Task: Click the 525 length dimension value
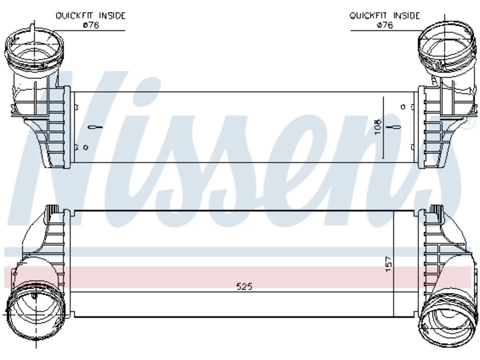[x=244, y=286]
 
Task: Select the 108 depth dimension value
[x=378, y=127]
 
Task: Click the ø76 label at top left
[x=91, y=25]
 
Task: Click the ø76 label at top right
[x=385, y=25]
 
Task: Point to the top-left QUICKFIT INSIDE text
[x=90, y=16]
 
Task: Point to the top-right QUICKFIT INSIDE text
[x=384, y=16]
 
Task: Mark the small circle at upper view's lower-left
[x=86, y=147]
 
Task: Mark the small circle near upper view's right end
[x=403, y=106]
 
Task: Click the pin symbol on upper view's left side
[x=95, y=127]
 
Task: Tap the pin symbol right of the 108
[x=393, y=127]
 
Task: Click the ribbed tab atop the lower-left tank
[x=52, y=209]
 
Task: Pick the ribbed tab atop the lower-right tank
[x=436, y=209]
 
